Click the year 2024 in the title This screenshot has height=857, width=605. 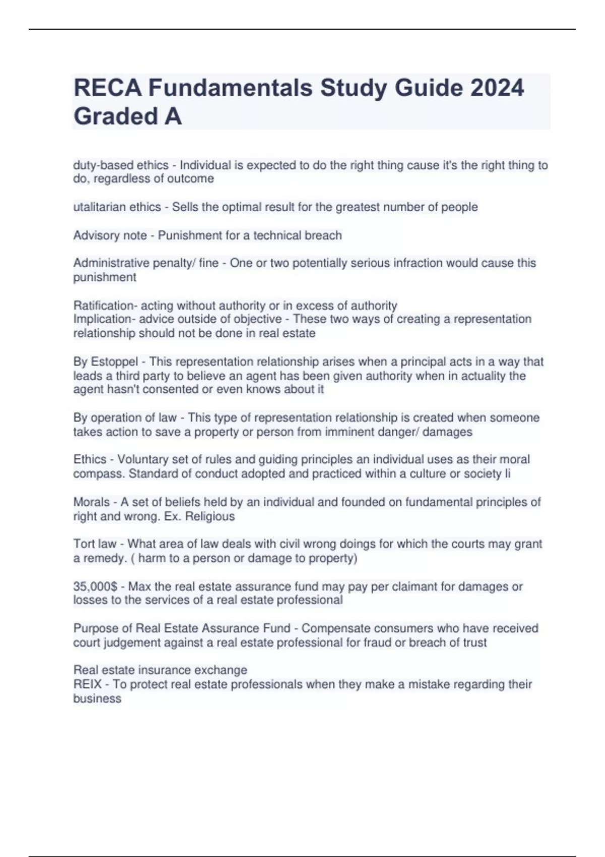(x=497, y=88)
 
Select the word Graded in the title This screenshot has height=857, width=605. (x=115, y=116)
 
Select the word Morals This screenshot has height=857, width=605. (x=91, y=502)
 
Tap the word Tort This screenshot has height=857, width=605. (x=82, y=544)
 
